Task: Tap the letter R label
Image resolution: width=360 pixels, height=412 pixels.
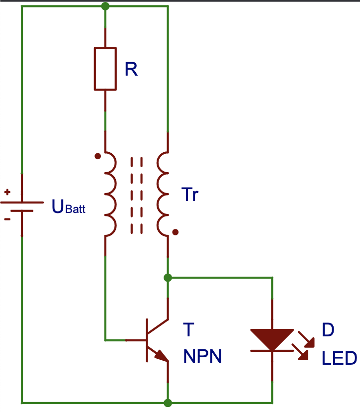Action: point(131,69)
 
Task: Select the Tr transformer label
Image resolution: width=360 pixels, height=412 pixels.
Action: point(189,195)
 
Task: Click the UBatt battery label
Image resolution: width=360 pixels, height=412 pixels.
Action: point(69,206)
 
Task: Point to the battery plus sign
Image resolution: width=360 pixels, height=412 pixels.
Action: point(7,192)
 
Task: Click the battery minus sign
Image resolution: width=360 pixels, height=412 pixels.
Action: point(7,219)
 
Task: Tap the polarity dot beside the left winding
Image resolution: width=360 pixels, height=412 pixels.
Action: point(97,156)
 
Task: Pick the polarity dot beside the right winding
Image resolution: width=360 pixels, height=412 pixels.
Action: point(176,232)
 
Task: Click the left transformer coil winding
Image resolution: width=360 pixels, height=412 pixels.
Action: point(115,194)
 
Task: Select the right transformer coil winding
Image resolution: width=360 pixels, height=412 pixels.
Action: point(158,194)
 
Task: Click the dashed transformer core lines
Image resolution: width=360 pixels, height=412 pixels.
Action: point(137,195)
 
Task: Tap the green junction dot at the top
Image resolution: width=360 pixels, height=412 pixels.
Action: point(105,6)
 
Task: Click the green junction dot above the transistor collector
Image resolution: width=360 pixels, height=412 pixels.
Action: point(168,278)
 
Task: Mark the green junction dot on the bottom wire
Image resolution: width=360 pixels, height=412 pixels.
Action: point(168,403)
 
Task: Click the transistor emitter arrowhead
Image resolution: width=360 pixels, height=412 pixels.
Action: point(162,356)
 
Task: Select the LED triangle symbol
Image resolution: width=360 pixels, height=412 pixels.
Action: point(272,339)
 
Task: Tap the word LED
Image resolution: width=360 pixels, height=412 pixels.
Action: point(339,358)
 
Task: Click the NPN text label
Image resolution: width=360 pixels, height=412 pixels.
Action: point(202,356)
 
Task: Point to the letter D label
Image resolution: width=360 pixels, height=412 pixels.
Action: point(328,330)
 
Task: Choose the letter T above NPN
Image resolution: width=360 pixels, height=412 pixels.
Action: point(188,330)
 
